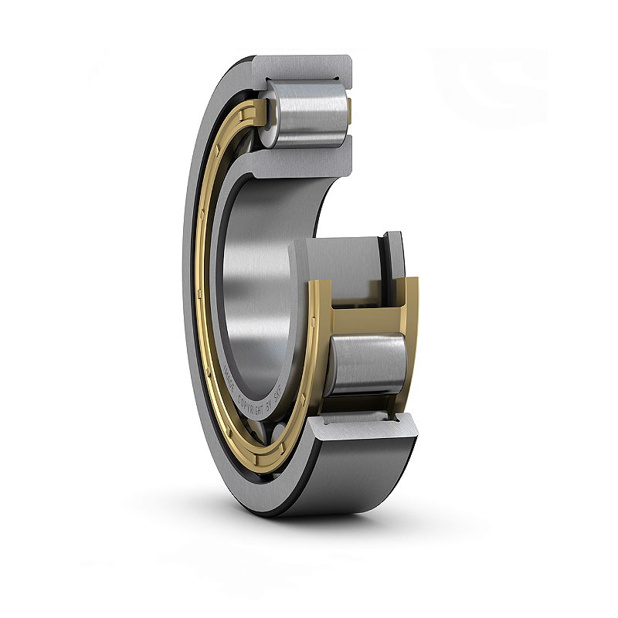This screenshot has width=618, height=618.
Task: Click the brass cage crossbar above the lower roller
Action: (x=363, y=317)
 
